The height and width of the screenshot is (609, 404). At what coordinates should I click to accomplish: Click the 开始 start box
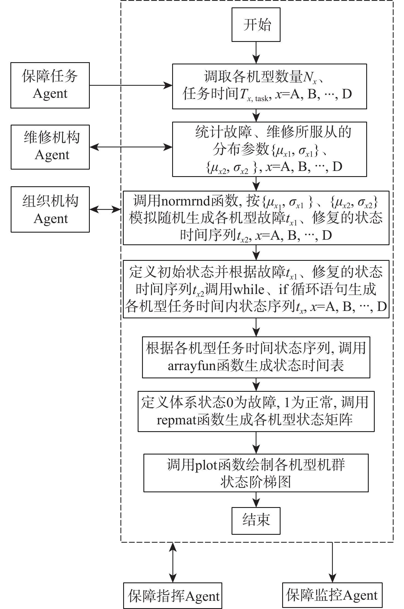[256, 25]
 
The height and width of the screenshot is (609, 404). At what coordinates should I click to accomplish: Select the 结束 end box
[256, 521]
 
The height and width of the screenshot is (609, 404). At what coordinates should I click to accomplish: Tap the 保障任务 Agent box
[50, 85]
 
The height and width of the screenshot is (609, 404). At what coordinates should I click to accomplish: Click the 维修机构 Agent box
[50, 147]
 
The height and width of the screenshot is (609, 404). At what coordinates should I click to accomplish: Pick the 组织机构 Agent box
[50, 210]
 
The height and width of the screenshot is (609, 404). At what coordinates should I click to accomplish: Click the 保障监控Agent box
[332, 595]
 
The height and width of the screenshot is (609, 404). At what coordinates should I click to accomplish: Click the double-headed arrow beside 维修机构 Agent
[131, 147]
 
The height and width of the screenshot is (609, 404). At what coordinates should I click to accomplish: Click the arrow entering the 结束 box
[256, 499]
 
